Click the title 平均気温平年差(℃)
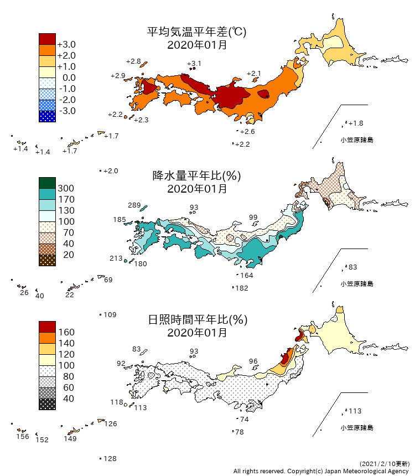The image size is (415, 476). point(196,32)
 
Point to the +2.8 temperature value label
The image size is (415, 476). point(133,61)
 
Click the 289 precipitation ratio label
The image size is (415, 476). point(134,205)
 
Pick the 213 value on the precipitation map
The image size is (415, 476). point(116,258)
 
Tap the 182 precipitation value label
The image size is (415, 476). point(242,288)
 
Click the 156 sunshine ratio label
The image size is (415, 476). point(22,437)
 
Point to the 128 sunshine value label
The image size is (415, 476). point(110,459)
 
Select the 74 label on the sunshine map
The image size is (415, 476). point(244,420)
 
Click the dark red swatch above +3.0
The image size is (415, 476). point(47,39)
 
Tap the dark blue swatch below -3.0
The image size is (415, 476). point(47,116)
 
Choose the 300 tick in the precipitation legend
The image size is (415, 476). point(66,188)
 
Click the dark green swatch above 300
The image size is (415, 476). point(47,183)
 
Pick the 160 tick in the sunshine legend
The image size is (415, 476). point(66,332)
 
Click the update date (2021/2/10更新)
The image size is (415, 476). point(384,463)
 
